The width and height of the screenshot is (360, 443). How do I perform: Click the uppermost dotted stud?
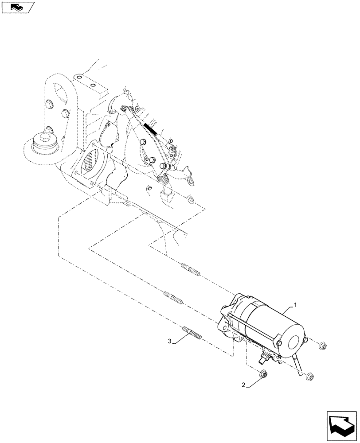click(x=191, y=269)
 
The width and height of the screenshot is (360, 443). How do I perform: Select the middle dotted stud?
click(x=173, y=296)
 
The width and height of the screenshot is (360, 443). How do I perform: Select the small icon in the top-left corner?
click(x=17, y=7)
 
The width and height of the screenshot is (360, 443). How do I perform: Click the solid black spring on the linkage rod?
click(x=151, y=128)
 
